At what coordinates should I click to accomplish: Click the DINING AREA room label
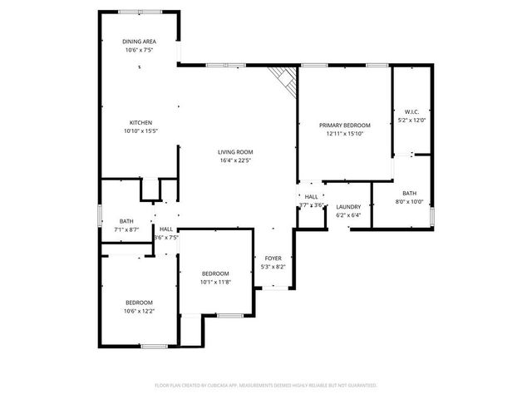[x=140, y=42]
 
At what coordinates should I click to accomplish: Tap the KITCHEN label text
[x=140, y=122]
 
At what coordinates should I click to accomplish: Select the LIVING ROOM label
[x=235, y=152]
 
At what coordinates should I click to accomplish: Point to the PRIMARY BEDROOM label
[x=345, y=125]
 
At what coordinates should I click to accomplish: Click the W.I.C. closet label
[x=411, y=111]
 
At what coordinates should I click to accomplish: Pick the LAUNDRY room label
[x=348, y=207]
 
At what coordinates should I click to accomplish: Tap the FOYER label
[x=273, y=259]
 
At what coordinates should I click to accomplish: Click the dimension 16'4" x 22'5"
[x=235, y=160]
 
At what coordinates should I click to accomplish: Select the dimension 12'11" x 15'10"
[x=345, y=133]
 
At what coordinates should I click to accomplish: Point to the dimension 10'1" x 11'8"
[x=215, y=282]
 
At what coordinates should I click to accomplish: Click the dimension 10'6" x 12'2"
[x=140, y=311]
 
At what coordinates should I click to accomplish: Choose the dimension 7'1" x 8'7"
[x=126, y=229]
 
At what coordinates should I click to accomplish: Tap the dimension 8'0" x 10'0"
[x=410, y=201]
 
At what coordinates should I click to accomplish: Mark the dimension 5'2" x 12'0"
[x=411, y=120]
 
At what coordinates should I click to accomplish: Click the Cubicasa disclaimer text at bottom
[x=266, y=386]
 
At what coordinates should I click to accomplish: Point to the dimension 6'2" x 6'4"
[x=348, y=215]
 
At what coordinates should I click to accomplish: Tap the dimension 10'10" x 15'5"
[x=140, y=131]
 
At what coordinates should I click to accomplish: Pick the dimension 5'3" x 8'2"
[x=273, y=267]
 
